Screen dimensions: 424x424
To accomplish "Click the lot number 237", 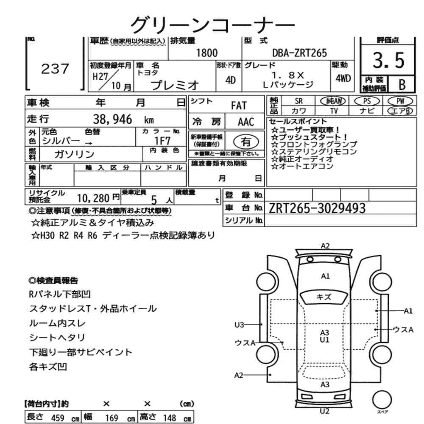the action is click(55, 69).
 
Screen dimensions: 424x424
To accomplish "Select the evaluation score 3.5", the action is click(388, 60).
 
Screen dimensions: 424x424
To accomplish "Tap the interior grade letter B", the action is click(402, 85).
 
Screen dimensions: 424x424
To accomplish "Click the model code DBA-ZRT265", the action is click(299, 53).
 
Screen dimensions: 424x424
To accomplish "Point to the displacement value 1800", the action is click(207, 53).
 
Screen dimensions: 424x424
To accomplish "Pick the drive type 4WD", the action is click(343, 78).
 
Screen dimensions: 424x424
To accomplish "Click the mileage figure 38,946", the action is click(112, 119).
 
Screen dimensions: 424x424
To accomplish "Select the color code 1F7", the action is click(162, 141).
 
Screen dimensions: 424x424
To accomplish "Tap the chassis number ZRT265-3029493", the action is click(317, 208).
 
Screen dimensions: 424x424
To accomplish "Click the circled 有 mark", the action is click(246, 142).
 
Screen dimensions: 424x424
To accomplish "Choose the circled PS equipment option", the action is click(367, 101).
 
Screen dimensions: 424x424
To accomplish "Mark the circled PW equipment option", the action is click(400, 101).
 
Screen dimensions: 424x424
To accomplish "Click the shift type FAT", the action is click(239, 106).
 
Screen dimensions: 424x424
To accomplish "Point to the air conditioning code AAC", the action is click(246, 122).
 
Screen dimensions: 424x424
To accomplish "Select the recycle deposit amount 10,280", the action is click(93, 198).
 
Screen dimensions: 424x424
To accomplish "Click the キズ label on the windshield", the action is click(324, 297).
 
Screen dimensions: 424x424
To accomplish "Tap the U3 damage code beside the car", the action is click(239, 324).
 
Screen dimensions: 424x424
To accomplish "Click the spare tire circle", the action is click(382, 400).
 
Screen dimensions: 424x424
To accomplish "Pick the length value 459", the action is click(58, 418).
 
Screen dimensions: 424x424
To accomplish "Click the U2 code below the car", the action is click(324, 411).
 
